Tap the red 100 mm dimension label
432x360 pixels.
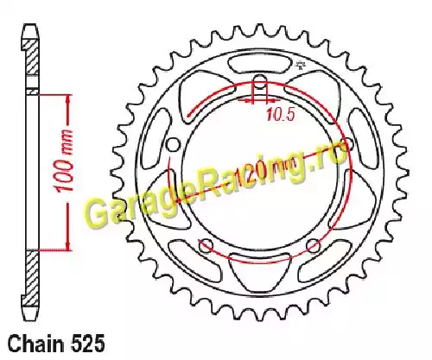64,160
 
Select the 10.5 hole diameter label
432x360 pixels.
281,114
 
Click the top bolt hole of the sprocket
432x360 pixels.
260,80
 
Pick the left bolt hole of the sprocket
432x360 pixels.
173,144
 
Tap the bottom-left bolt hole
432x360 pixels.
206,245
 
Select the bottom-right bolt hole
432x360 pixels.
314,245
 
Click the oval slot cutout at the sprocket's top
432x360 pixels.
260,64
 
